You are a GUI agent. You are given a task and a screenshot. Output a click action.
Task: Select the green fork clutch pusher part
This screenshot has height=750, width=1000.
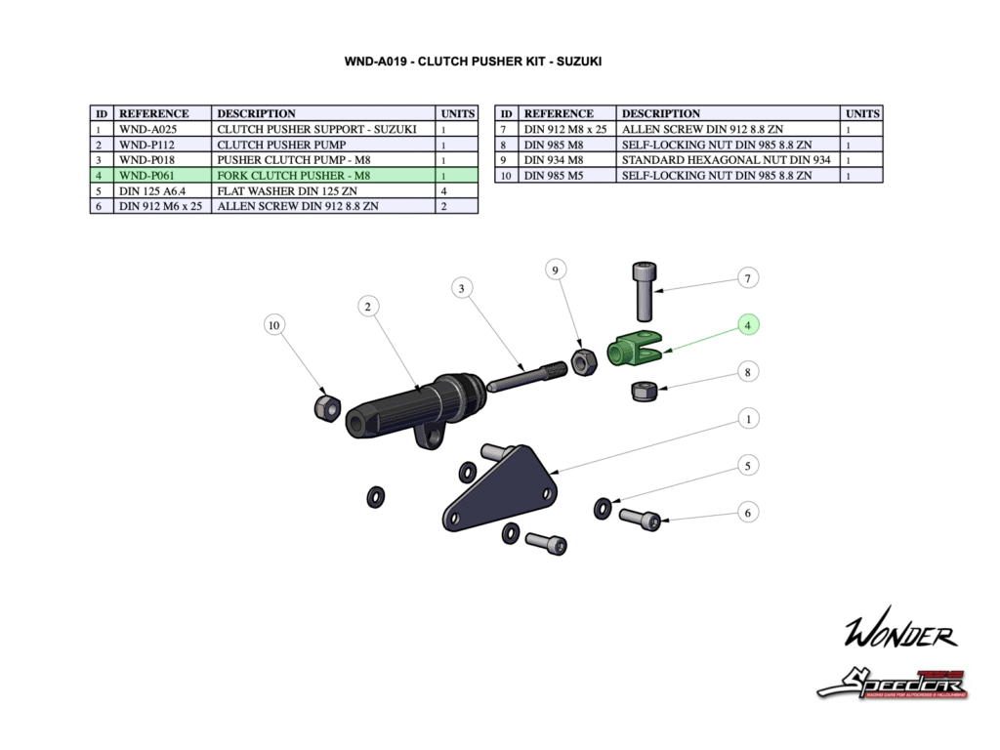(633, 348)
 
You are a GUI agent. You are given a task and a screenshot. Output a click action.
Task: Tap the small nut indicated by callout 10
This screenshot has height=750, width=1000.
(326, 406)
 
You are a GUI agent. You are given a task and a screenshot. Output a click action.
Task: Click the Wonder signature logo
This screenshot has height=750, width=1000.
(899, 634)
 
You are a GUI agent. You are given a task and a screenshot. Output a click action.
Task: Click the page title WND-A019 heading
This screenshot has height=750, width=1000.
(473, 61)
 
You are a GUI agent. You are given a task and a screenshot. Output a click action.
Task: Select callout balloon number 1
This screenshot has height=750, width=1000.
(748, 419)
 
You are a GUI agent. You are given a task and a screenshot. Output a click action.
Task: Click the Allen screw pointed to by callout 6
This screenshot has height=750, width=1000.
(639, 520)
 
